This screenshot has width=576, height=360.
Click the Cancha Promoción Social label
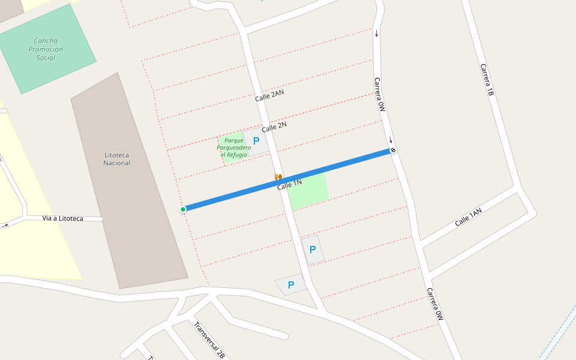pos(46,49)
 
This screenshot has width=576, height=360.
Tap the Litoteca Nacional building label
pos(116,159)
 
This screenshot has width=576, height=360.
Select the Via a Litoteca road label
pos(63,218)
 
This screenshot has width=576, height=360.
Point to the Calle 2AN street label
pos(269,95)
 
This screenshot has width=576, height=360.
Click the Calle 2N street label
pos(274,127)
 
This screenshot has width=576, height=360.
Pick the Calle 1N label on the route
pos(289,185)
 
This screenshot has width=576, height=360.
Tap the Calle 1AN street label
pos(468,217)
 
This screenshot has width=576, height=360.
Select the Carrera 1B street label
pos(487,80)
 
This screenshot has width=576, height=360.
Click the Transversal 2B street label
pos(209,340)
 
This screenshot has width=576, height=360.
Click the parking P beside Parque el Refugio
pos(256,142)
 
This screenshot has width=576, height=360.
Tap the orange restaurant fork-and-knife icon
pos(278,176)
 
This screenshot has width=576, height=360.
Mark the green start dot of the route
pos(183,209)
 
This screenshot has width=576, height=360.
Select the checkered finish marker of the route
pos(393,150)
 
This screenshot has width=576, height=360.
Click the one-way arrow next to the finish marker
pos(390,140)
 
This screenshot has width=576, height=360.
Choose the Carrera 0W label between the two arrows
pos(379,95)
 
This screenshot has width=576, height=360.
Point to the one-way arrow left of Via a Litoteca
pos(5,226)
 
